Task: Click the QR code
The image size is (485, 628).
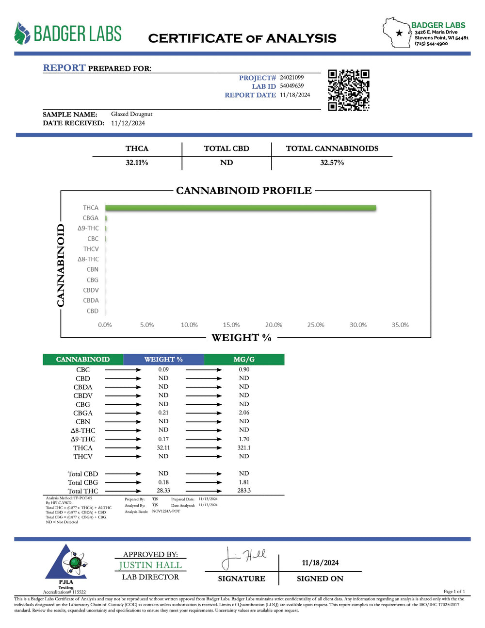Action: point(348,90)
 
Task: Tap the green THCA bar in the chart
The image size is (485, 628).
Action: point(240,208)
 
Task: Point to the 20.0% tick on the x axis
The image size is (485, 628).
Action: point(274,325)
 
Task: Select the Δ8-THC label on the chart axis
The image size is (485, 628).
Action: point(88,259)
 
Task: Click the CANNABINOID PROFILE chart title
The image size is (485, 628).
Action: point(243,190)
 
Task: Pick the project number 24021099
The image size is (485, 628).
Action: point(291,77)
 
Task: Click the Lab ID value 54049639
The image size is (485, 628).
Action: point(291,86)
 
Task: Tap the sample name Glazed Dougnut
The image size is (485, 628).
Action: point(131,114)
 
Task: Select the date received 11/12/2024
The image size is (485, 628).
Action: point(128,123)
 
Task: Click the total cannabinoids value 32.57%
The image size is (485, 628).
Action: point(332,163)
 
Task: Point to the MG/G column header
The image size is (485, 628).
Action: point(244,360)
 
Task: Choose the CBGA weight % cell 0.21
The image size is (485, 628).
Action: point(163,413)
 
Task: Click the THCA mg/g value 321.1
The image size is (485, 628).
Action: point(244,447)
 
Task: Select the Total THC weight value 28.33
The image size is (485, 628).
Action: point(163,491)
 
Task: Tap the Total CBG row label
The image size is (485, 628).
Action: point(83,482)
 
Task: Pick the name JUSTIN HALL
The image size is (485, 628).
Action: point(150,565)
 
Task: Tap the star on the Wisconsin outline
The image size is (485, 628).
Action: point(399,33)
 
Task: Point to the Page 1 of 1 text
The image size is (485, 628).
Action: point(454,591)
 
